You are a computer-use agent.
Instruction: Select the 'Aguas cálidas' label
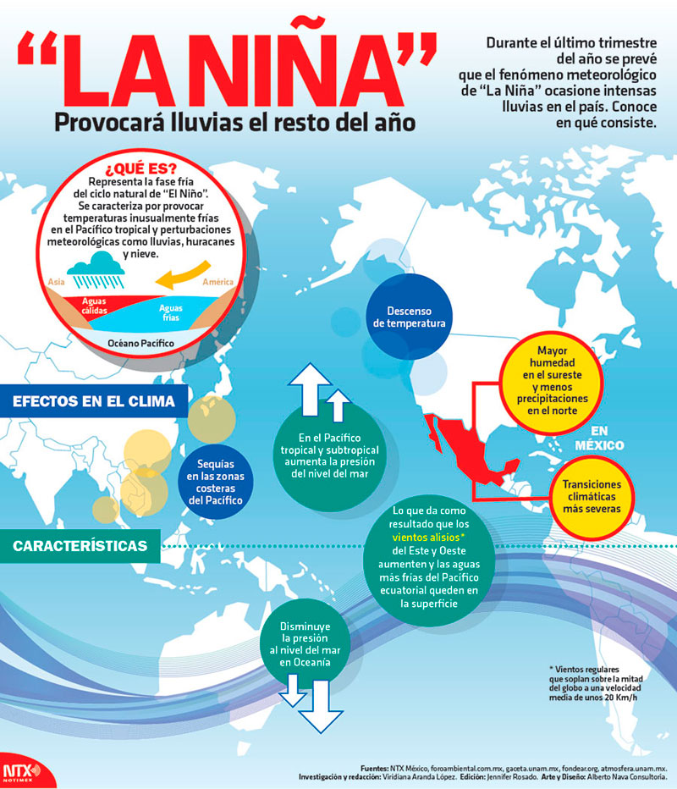click(x=94, y=305)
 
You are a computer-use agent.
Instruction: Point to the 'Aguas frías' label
click(x=171, y=313)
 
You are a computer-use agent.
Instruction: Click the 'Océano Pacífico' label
click(x=140, y=343)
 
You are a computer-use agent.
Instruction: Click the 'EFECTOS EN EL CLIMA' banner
click(x=94, y=400)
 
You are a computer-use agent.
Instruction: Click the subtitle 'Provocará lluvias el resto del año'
click(x=234, y=123)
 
